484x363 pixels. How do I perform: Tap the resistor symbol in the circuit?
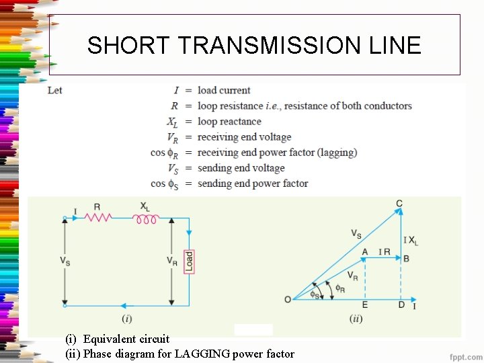click(x=99, y=218)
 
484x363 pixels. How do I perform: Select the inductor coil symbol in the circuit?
click(x=145, y=218)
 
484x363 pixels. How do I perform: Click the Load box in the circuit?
click(x=190, y=261)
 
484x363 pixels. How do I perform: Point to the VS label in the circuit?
click(x=65, y=260)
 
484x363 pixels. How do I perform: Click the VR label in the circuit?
click(x=172, y=260)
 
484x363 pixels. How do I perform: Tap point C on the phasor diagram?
click(x=399, y=204)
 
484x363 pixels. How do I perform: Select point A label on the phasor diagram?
click(x=364, y=251)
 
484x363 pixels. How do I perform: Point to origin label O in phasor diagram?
click(x=288, y=298)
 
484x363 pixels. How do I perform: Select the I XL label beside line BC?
click(x=410, y=240)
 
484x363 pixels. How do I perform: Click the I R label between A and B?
click(x=384, y=251)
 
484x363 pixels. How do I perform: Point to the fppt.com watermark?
click(x=465, y=354)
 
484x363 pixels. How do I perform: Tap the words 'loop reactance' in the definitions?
click(x=229, y=122)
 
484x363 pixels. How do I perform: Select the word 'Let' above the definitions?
click(x=55, y=90)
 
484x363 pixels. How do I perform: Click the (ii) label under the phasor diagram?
click(x=356, y=318)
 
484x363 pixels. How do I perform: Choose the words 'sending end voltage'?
click(x=241, y=168)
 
